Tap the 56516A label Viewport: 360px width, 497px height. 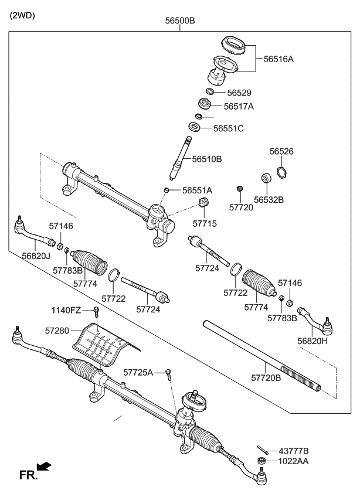279,59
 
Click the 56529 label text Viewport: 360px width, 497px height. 239,92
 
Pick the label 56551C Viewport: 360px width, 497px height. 228,128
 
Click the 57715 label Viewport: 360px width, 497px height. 205,223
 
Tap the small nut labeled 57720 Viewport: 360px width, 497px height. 239,189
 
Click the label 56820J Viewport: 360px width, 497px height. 36,256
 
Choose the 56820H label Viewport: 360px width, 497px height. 313,341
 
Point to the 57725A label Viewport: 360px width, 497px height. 138,372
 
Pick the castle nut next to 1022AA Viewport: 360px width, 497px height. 260,461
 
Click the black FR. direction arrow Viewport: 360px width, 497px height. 43,467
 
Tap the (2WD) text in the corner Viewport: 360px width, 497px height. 22,16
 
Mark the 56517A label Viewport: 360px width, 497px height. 239,107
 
